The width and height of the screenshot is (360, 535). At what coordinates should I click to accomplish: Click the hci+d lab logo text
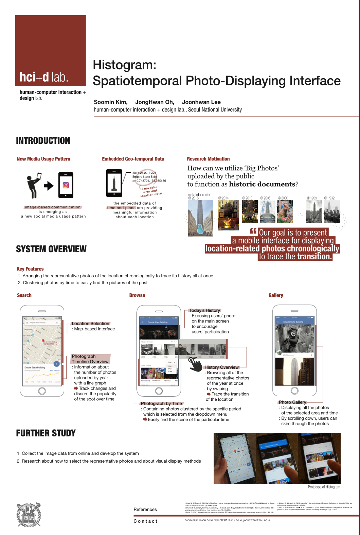44,77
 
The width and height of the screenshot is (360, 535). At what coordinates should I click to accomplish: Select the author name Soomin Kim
111,102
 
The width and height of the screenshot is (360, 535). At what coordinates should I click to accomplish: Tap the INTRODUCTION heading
43,141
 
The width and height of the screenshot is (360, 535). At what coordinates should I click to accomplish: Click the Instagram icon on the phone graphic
66,185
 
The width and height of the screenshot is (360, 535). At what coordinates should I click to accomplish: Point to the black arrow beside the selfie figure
49,186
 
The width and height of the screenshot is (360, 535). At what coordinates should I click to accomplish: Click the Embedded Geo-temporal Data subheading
133,159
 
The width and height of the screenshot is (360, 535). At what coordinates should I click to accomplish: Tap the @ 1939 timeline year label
311,198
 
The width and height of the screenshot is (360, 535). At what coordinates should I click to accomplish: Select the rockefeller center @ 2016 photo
200,218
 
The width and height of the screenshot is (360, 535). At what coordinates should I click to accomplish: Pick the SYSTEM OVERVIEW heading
51,249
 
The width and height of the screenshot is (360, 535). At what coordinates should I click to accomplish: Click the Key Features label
30,269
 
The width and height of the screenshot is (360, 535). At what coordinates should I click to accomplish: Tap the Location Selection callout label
90,324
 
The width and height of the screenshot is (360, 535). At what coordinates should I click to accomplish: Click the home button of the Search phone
42,391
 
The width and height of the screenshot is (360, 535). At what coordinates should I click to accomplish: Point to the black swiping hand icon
195,364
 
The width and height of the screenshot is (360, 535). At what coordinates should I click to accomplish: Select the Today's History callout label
205,310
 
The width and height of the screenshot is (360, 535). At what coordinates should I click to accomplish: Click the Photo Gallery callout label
292,402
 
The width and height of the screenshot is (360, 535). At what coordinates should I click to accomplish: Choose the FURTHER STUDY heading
46,433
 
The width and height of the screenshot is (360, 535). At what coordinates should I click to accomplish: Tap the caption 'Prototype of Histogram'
324,487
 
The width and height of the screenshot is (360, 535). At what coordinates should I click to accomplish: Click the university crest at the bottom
29,515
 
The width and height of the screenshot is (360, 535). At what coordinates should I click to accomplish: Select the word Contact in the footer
146,521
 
